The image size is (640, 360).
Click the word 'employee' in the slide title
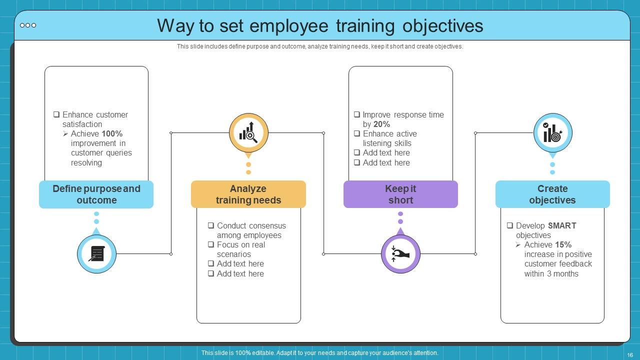pyautogui.click(x=289, y=26)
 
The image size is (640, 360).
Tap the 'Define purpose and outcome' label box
pyautogui.click(x=96, y=194)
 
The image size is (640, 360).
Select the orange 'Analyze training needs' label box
pyautogui.click(x=248, y=194)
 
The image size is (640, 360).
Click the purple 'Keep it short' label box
pyautogui.click(x=400, y=194)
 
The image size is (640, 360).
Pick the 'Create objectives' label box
pyautogui.click(x=552, y=194)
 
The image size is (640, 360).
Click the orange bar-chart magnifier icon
pyautogui.click(x=248, y=132)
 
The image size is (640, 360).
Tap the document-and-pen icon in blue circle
pyautogui.click(x=96, y=253)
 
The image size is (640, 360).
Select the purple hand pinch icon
pyautogui.click(x=400, y=253)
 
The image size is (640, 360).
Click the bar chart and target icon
pyautogui.click(x=552, y=132)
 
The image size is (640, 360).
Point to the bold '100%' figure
pyautogui.click(x=112, y=133)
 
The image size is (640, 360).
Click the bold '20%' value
pyautogui.click(x=381, y=124)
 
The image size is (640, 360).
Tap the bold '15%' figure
pyautogui.click(x=563, y=245)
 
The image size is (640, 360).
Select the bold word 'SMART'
pyautogui.click(x=562, y=225)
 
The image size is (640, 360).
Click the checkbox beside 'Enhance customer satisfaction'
pyautogui.click(x=56, y=114)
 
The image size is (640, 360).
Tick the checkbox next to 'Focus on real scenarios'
pyautogui.click(x=211, y=244)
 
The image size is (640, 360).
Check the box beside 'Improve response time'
pyautogui.click(x=357, y=114)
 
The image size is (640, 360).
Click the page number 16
pyautogui.click(x=630, y=355)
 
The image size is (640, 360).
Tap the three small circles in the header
pyautogui.click(x=28, y=25)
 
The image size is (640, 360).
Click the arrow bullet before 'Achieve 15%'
pyautogui.click(x=518, y=245)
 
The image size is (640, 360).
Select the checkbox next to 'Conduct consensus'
pyautogui.click(x=211, y=225)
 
